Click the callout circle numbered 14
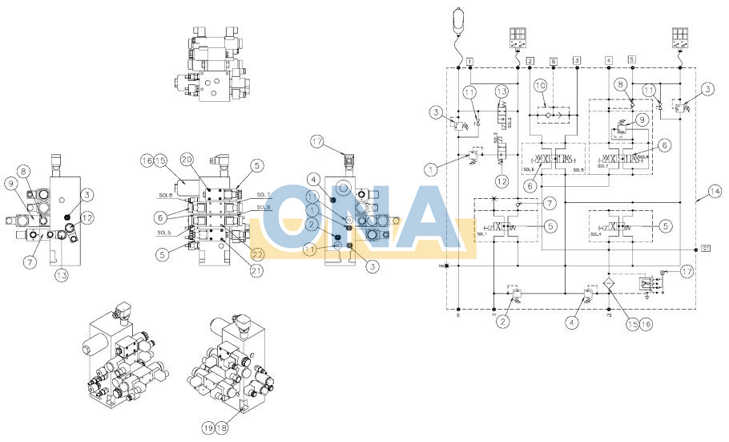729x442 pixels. point(715,192)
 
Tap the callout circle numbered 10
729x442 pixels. point(540,85)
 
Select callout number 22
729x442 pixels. point(257,254)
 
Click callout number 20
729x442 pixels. point(187,160)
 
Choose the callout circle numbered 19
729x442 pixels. point(208,428)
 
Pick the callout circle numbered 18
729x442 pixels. point(220,428)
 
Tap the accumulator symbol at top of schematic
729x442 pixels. point(458,21)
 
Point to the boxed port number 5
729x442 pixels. point(632,59)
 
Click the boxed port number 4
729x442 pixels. point(609,59)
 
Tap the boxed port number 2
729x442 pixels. point(530,61)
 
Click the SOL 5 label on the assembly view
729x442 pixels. point(165,233)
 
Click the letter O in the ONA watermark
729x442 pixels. point(298,219)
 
